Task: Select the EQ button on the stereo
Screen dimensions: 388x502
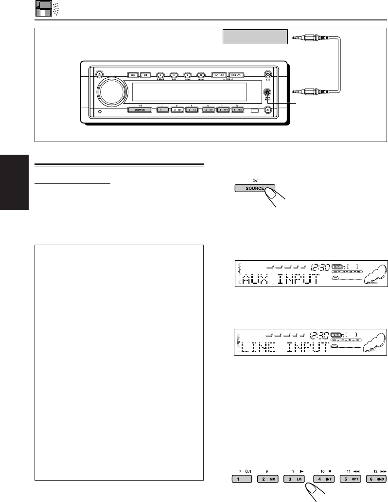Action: pos(145,75)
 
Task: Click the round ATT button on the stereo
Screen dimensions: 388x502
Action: pos(267,74)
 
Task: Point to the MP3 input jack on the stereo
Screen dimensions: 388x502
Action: pos(267,92)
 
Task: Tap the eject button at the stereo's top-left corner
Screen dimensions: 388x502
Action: pos(99,74)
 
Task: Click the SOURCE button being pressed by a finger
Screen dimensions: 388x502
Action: pos(254,188)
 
